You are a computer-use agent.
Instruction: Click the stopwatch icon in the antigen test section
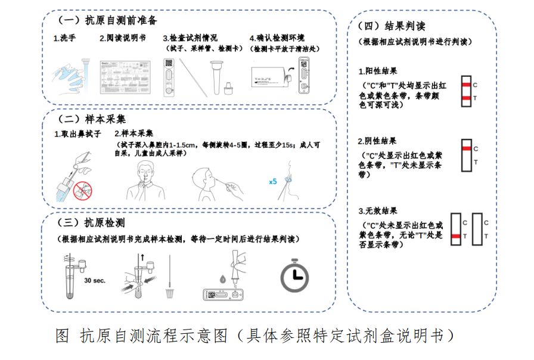coord(295,276)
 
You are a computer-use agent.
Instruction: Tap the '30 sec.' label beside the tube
coord(95,280)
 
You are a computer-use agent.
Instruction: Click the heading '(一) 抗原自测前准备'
coord(108,20)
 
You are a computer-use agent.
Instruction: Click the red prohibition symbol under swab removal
coord(83,190)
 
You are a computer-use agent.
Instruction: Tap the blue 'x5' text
coord(272,181)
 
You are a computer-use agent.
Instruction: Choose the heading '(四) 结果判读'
coord(394,26)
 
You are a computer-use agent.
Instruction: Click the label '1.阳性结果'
coord(377,71)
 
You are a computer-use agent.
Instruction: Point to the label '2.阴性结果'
coord(377,141)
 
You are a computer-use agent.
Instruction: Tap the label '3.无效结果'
coord(377,211)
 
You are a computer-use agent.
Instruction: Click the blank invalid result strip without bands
coord(477,229)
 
